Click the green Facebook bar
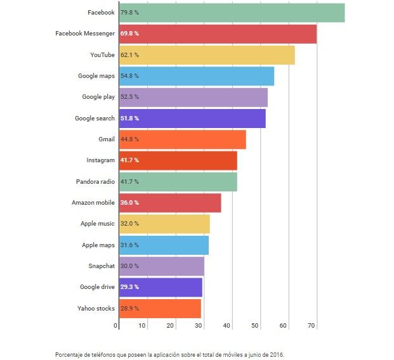[232, 13]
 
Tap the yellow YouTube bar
[207, 55]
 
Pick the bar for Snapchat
[162, 266]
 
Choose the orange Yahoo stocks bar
[160, 309]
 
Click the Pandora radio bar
[178, 182]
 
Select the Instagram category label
[101, 160]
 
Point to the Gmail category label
[106, 139]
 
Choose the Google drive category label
[97, 287]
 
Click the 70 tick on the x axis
[312, 326]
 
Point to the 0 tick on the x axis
[116, 326]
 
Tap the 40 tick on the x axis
[227, 326]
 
